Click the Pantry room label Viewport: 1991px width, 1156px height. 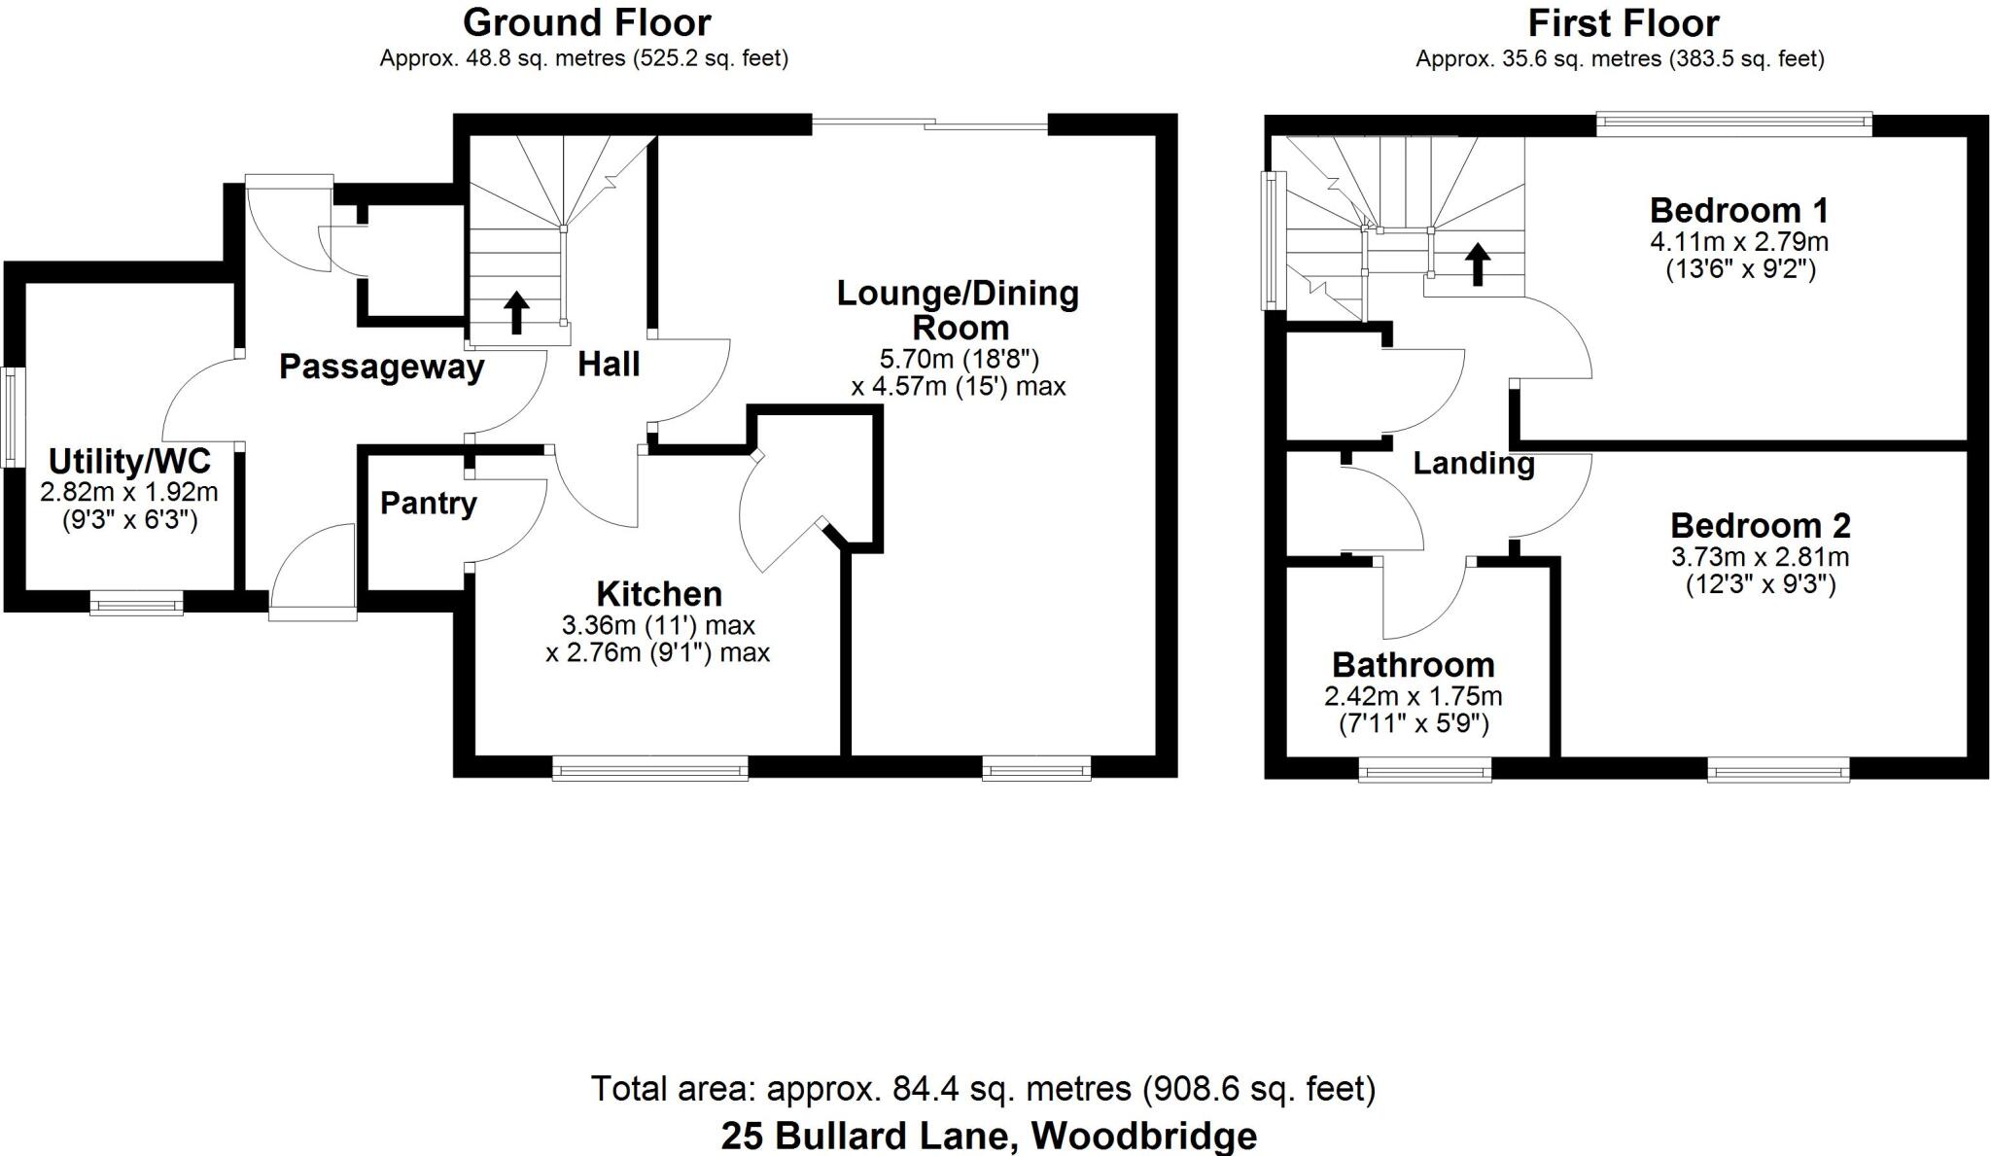tap(428, 503)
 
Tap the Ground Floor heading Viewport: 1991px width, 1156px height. tap(586, 22)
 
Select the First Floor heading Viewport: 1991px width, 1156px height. tap(1623, 22)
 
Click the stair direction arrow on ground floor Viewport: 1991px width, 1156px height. tap(516, 312)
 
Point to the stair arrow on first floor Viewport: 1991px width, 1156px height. tap(1477, 263)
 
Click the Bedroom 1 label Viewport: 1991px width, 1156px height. tap(1738, 210)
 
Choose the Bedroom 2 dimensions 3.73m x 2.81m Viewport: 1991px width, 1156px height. tap(1760, 557)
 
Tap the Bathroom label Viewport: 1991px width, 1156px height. tap(1413, 665)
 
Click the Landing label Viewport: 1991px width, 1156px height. tap(1473, 463)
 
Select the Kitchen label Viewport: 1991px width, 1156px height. tap(658, 593)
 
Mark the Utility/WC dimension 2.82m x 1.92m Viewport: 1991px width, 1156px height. tap(128, 492)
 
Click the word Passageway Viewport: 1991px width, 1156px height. tap(381, 368)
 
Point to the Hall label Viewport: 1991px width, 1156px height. tap(609, 365)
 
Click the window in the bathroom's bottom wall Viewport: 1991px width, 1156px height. tap(1424, 771)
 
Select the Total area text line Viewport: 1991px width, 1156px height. tap(983, 1088)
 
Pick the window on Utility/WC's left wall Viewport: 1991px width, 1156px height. tap(11, 415)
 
